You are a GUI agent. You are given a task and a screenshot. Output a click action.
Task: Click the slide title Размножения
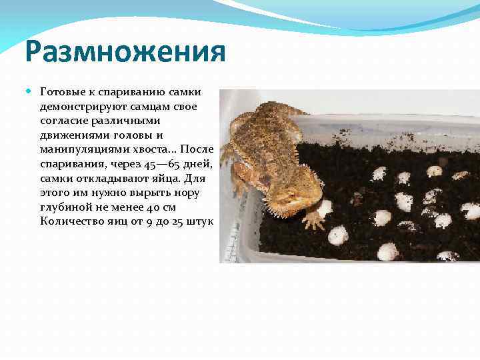pos(126,52)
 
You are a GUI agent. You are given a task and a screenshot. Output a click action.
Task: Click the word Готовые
pos(61,91)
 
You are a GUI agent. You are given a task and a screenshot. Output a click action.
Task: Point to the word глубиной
pos(63,208)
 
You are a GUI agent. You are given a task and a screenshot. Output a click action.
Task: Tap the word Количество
pos(68,222)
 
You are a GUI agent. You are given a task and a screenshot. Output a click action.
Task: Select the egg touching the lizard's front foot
pos(324,208)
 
